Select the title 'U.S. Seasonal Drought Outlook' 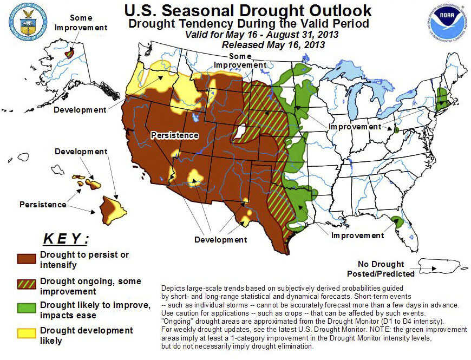248,10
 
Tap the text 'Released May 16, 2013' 273,44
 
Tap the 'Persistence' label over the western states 175,135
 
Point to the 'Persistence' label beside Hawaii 43,204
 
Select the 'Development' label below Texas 221,239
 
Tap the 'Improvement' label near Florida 357,235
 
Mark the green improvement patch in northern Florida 397,221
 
